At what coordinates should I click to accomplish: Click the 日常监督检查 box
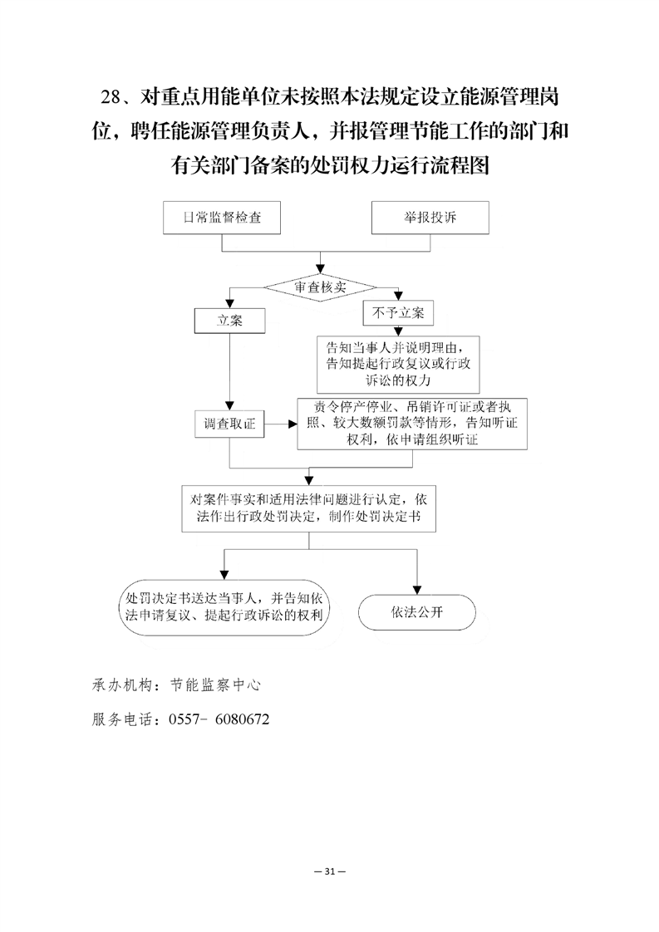222,218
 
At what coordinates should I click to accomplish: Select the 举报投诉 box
430,218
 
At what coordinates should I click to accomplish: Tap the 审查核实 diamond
320,287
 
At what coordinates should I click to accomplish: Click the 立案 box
229,321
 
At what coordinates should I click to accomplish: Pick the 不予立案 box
398,313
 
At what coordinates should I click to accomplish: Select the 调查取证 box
229,424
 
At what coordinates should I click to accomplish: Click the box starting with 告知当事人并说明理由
398,365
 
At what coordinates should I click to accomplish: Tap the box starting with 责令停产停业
412,424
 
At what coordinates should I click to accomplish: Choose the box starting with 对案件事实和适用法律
308,509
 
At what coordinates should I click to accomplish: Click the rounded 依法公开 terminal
417,612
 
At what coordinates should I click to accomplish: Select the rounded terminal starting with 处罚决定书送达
224,607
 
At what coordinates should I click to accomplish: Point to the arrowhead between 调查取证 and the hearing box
293,424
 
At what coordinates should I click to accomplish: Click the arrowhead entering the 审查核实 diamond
321,270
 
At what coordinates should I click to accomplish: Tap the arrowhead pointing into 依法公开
417,591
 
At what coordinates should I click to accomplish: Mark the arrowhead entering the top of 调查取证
229,405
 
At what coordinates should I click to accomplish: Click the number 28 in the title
111,97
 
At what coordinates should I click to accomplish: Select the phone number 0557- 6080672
219,719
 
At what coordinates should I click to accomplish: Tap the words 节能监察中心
215,685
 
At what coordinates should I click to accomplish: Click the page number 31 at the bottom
330,871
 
